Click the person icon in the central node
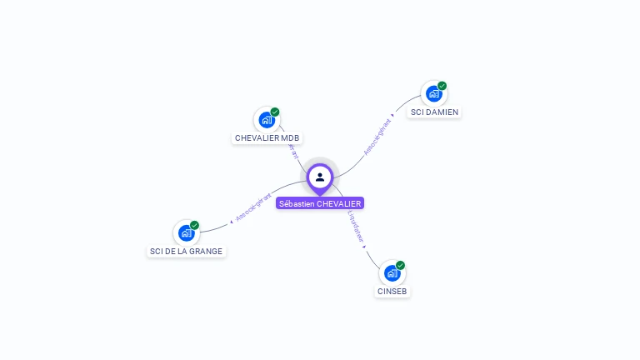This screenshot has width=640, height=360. [x=320, y=177]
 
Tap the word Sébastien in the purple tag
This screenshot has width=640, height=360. [x=297, y=203]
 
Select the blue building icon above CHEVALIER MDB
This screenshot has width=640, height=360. [x=267, y=119]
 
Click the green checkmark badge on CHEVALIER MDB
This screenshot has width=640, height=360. [x=275, y=112]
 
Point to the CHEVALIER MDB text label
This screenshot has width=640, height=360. [x=267, y=138]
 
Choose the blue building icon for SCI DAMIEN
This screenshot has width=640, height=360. [x=433, y=93]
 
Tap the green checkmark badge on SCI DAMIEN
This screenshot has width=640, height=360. [x=442, y=86]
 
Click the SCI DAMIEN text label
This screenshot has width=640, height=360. [x=434, y=112]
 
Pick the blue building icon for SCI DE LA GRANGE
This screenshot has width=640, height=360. [x=186, y=233]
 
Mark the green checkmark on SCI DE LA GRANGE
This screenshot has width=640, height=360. [x=194, y=225]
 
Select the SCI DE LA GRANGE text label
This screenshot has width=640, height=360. [x=186, y=251]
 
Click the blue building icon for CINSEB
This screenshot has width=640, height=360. [x=392, y=272]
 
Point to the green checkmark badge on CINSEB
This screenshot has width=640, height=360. [x=401, y=265]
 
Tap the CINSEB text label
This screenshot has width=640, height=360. [x=392, y=292]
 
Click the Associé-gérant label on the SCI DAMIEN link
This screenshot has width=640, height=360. [x=377, y=137]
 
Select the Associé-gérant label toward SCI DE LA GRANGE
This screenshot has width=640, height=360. [x=254, y=207]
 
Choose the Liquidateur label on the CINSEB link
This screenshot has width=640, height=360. [x=356, y=227]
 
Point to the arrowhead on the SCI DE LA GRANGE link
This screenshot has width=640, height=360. [x=231, y=222]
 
